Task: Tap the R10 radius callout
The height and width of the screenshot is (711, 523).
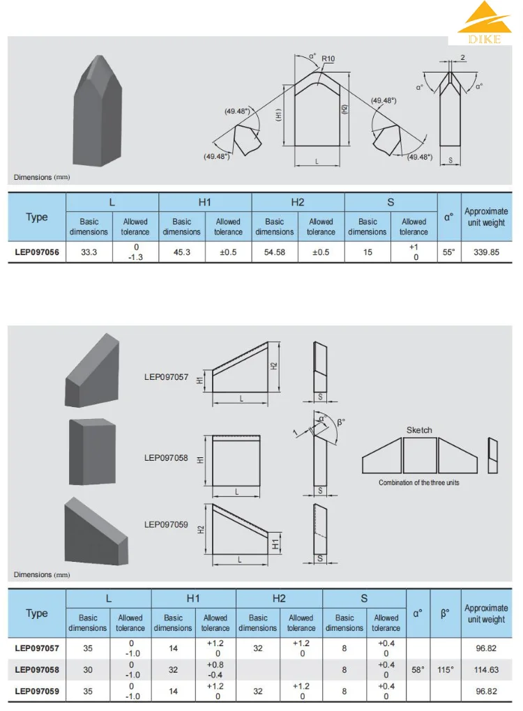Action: point(328,59)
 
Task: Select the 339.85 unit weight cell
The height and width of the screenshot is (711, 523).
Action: point(486,252)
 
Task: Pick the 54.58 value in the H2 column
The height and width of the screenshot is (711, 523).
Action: point(274,252)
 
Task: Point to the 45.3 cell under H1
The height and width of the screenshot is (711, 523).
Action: point(181,252)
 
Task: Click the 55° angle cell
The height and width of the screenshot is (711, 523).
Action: point(449,252)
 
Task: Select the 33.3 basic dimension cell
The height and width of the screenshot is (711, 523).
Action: point(89,252)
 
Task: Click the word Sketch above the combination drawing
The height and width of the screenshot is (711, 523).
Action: point(419,430)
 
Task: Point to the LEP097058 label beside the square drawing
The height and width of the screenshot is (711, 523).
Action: point(166,458)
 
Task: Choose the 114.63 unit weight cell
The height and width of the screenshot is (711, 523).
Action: point(486,669)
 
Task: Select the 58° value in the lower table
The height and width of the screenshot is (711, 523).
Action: point(418,669)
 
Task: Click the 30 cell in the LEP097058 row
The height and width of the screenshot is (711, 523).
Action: point(88,669)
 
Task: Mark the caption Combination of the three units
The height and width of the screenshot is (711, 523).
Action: point(419,482)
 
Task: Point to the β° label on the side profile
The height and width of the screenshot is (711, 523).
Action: point(340,422)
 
